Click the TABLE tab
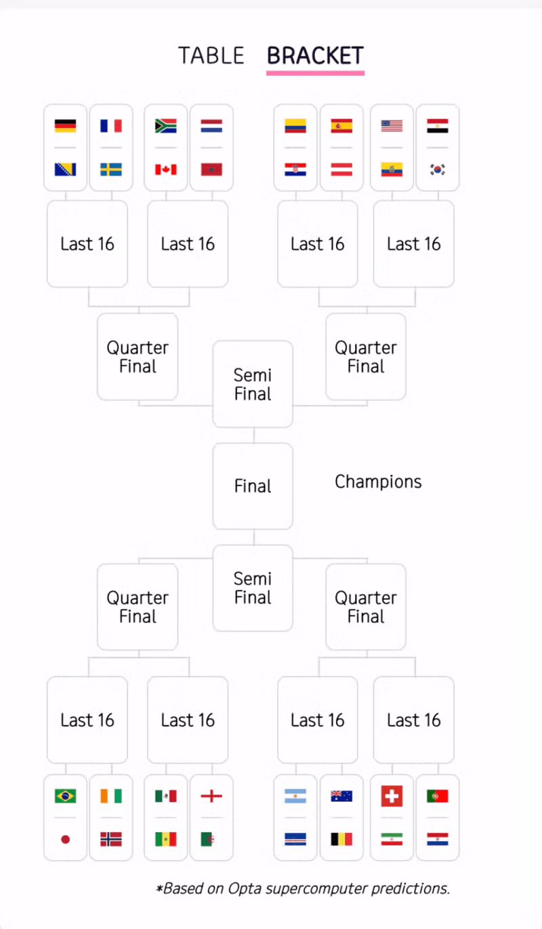[211, 56]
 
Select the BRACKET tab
[315, 56]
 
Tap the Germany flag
[65, 126]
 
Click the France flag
[111, 126]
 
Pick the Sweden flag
[111, 169]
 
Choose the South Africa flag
[165, 126]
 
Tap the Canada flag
[165, 169]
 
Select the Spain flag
[341, 126]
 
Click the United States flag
[392, 126]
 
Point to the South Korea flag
[438, 169]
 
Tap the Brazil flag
[65, 796]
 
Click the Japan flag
[65, 840]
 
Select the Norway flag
[111, 840]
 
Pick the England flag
[211, 796]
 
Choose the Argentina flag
[295, 796]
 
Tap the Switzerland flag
[392, 796]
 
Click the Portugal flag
[438, 796]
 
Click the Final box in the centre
[253, 486]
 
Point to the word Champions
[378, 482]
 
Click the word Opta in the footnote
[245, 889]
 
